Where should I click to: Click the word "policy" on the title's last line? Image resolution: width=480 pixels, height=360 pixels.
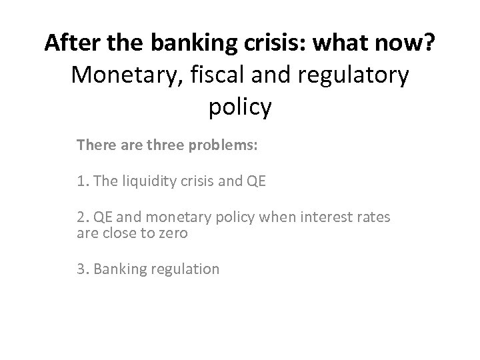point(240,107)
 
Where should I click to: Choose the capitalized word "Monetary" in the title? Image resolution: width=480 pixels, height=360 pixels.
point(127,75)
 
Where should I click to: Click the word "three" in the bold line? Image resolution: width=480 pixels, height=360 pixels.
point(151,144)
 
